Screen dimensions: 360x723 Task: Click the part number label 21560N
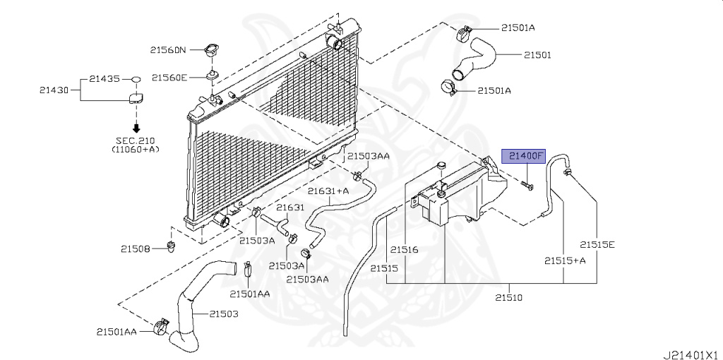167,50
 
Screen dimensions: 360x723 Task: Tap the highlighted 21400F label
524,156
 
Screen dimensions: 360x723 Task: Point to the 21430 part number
54,90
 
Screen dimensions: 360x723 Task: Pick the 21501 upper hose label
537,54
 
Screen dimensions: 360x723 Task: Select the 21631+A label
328,191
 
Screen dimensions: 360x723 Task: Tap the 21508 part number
135,248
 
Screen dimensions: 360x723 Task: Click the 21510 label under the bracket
508,297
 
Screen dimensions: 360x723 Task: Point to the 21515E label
598,244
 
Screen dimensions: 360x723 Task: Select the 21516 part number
405,249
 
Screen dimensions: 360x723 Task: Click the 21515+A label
565,260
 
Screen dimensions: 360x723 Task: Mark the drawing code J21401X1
690,350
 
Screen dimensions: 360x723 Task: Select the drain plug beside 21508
170,246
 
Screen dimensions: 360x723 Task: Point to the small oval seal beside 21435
137,79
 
